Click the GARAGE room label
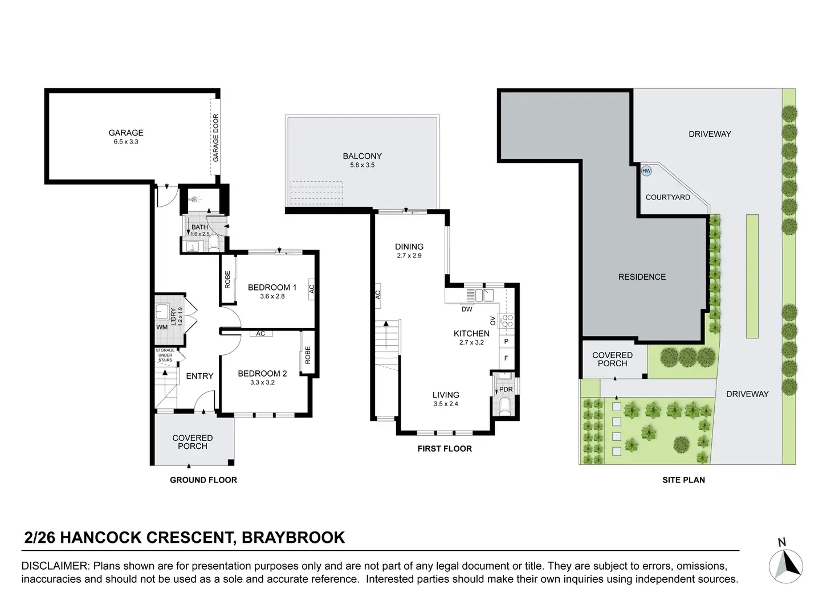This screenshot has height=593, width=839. (x=126, y=133)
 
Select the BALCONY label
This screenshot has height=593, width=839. (x=362, y=156)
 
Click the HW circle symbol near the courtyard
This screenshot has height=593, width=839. (x=646, y=171)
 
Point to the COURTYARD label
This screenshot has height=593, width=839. (x=667, y=197)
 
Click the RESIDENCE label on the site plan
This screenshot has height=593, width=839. (x=642, y=277)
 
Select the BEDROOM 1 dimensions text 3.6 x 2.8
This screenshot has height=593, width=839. (x=272, y=296)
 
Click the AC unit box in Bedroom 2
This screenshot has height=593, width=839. (x=260, y=334)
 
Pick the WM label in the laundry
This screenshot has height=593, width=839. (x=162, y=328)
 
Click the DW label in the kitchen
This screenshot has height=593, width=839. (x=467, y=309)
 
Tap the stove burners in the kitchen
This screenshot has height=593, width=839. (x=506, y=321)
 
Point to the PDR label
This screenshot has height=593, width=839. (x=506, y=390)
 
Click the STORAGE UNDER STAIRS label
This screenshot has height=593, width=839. (x=165, y=355)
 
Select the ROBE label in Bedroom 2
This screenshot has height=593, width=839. (x=308, y=355)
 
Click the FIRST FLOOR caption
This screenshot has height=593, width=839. (x=445, y=449)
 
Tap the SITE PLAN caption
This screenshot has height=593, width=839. (x=683, y=480)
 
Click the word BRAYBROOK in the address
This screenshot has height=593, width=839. (x=294, y=538)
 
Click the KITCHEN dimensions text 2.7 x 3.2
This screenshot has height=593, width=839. (x=471, y=342)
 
